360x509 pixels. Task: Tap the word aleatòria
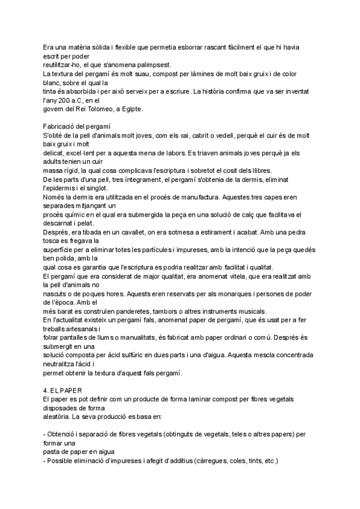point(61,417)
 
